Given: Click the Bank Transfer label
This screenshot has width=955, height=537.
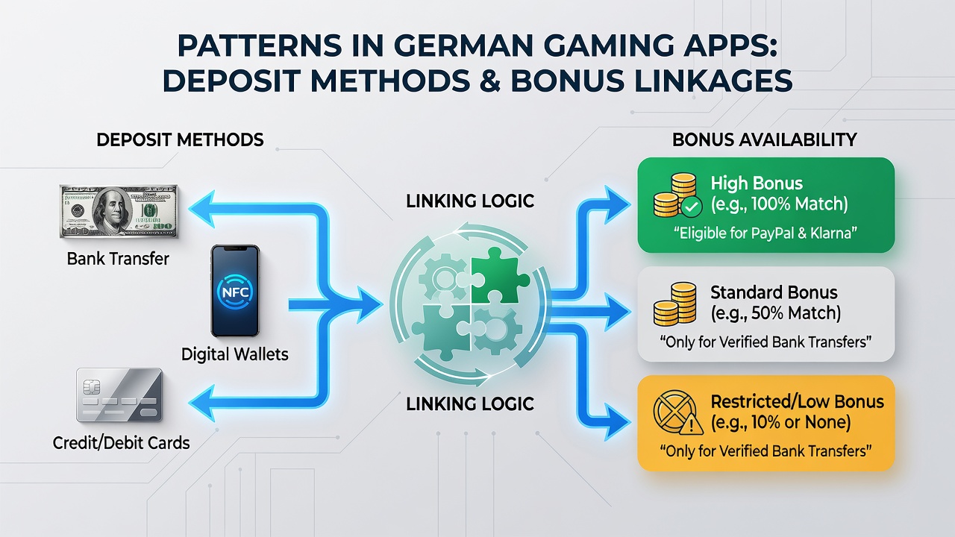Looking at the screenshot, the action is (x=118, y=259).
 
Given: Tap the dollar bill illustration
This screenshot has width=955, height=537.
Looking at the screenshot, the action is (x=119, y=211).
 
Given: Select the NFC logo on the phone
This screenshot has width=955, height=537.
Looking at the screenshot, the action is (x=235, y=292).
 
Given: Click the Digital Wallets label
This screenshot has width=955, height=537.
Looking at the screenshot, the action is (x=235, y=354).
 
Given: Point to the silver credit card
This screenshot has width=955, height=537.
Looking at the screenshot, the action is (x=119, y=395).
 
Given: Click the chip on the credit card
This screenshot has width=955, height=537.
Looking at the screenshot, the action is (x=91, y=387).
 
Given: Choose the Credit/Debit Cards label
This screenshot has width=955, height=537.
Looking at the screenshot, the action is (x=121, y=443).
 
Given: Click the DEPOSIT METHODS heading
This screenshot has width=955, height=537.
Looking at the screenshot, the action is (x=180, y=140).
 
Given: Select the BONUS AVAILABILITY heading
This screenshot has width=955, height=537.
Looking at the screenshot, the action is (x=765, y=140).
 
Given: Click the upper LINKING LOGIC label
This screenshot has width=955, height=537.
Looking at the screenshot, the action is (x=470, y=201).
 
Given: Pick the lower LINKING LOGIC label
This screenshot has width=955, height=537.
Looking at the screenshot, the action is (x=470, y=404).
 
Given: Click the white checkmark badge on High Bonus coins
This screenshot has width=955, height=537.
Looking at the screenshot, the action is (x=692, y=207).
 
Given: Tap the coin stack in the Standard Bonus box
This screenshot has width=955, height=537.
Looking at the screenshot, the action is (x=675, y=304).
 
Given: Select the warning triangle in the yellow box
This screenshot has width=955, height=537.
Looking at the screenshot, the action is (x=692, y=425).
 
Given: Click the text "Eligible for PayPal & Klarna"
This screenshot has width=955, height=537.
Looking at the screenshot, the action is (x=765, y=233).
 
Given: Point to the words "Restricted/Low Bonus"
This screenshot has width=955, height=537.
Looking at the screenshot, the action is (x=798, y=402).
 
